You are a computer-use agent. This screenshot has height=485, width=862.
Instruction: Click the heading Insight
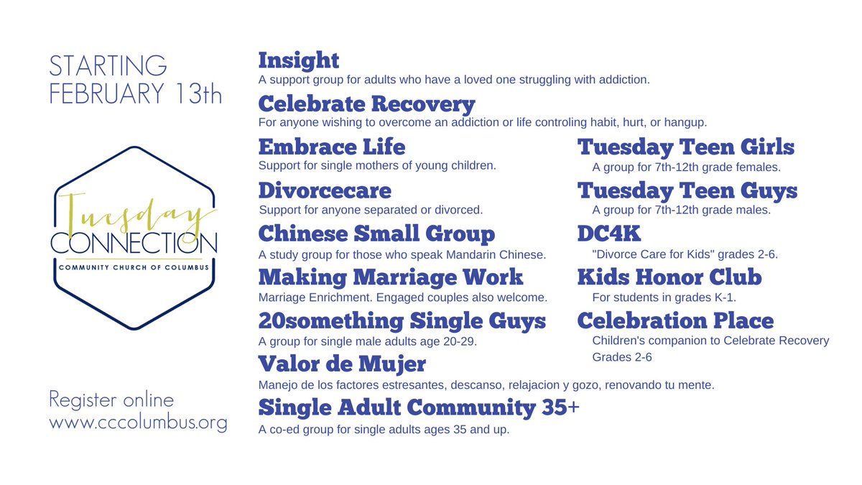coord(298,60)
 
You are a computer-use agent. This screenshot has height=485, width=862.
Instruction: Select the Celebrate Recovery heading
coord(366,104)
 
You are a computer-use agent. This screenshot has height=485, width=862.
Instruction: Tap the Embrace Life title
coord(331,147)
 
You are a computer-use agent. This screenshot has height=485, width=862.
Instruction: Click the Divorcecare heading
coord(325,191)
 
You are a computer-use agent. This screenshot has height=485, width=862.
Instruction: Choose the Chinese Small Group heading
coord(376,234)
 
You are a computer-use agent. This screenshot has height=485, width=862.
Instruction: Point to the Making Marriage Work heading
coord(391,277)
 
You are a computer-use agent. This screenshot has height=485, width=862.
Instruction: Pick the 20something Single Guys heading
coord(402,321)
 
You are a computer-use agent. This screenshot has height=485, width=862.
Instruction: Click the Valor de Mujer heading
coord(342,364)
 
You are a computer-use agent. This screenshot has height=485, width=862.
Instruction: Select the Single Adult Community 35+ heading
coord(419,408)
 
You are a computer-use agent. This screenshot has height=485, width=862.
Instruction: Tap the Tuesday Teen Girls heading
coord(686,147)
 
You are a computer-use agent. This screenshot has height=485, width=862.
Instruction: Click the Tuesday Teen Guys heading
coord(687,191)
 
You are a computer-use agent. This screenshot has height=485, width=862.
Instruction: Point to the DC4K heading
coord(610,234)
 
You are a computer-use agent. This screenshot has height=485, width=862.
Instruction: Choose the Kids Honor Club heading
coord(669,277)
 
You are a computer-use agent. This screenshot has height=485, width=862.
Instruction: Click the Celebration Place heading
coord(675,321)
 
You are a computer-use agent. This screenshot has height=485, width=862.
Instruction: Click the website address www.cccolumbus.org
coord(138,422)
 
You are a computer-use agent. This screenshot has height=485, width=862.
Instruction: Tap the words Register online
coord(111,399)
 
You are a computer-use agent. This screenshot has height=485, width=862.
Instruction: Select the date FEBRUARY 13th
coord(136,94)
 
